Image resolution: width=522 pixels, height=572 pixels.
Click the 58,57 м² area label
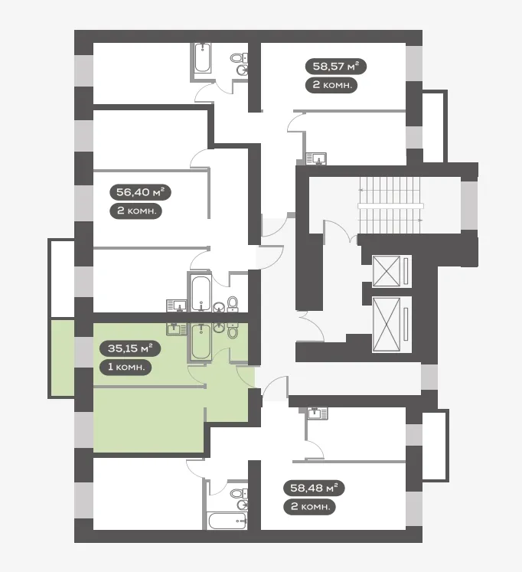tap(336, 67)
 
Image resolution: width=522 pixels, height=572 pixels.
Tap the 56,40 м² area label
tap(140, 192)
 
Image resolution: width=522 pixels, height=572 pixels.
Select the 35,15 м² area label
tap(130, 348)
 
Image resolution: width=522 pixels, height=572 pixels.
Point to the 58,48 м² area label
tap(314, 488)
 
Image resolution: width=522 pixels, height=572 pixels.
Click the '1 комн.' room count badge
tap(126, 367)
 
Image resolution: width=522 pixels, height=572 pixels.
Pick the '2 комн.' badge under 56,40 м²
tap(135, 211)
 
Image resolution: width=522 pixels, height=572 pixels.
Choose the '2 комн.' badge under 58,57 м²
tap(331, 85)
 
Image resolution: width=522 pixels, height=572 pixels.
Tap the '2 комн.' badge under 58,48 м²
tap(309, 507)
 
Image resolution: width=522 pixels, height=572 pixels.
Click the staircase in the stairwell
tap(390, 205)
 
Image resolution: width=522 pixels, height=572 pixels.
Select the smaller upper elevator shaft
tap(387, 271)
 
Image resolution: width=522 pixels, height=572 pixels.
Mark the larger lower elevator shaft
tap(387, 325)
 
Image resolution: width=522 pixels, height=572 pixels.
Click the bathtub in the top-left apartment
tap(202, 58)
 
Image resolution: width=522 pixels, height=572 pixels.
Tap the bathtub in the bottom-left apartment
tap(227, 521)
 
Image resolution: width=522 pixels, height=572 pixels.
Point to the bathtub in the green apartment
tap(201, 342)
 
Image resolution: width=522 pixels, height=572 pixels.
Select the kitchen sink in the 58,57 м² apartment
tap(316, 159)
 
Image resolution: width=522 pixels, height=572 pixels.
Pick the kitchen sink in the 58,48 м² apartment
tap(318, 413)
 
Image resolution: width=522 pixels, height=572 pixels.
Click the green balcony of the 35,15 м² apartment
tap(62, 358)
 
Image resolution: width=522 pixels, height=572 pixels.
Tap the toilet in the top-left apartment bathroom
tap(238, 58)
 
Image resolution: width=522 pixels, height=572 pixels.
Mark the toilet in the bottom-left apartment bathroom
tap(239, 493)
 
